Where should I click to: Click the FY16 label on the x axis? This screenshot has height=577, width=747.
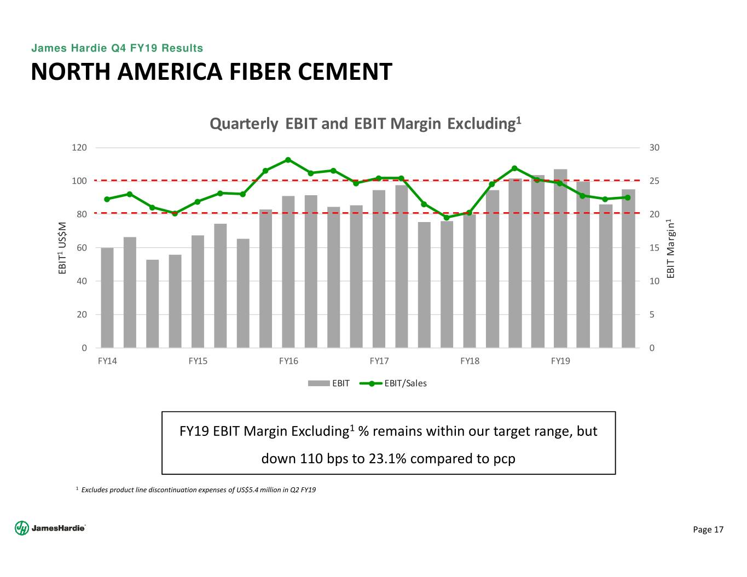288,361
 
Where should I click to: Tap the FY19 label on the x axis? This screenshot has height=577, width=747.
560,361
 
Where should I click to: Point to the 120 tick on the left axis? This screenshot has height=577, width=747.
79,148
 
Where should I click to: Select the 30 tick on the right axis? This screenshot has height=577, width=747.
655,148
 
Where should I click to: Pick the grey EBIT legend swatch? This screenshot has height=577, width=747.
319,383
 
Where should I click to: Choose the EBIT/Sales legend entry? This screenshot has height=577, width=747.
405,383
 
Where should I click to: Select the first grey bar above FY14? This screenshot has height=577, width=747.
107,298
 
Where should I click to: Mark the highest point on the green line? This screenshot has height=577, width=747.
288,160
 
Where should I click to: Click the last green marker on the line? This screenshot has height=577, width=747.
628,197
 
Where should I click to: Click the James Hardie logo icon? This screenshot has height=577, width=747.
21,528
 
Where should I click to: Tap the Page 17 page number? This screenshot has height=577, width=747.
708,529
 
